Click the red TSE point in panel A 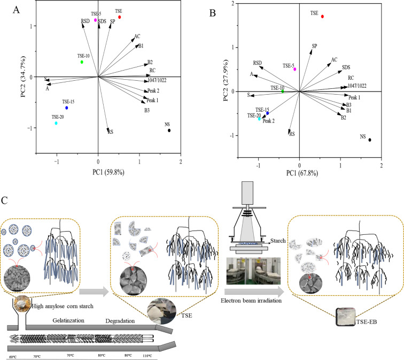click(x=120, y=17)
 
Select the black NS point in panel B click(x=370, y=140)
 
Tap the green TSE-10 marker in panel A click(x=82, y=62)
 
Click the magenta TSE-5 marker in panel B click(x=294, y=69)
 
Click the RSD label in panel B click(x=258, y=63)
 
